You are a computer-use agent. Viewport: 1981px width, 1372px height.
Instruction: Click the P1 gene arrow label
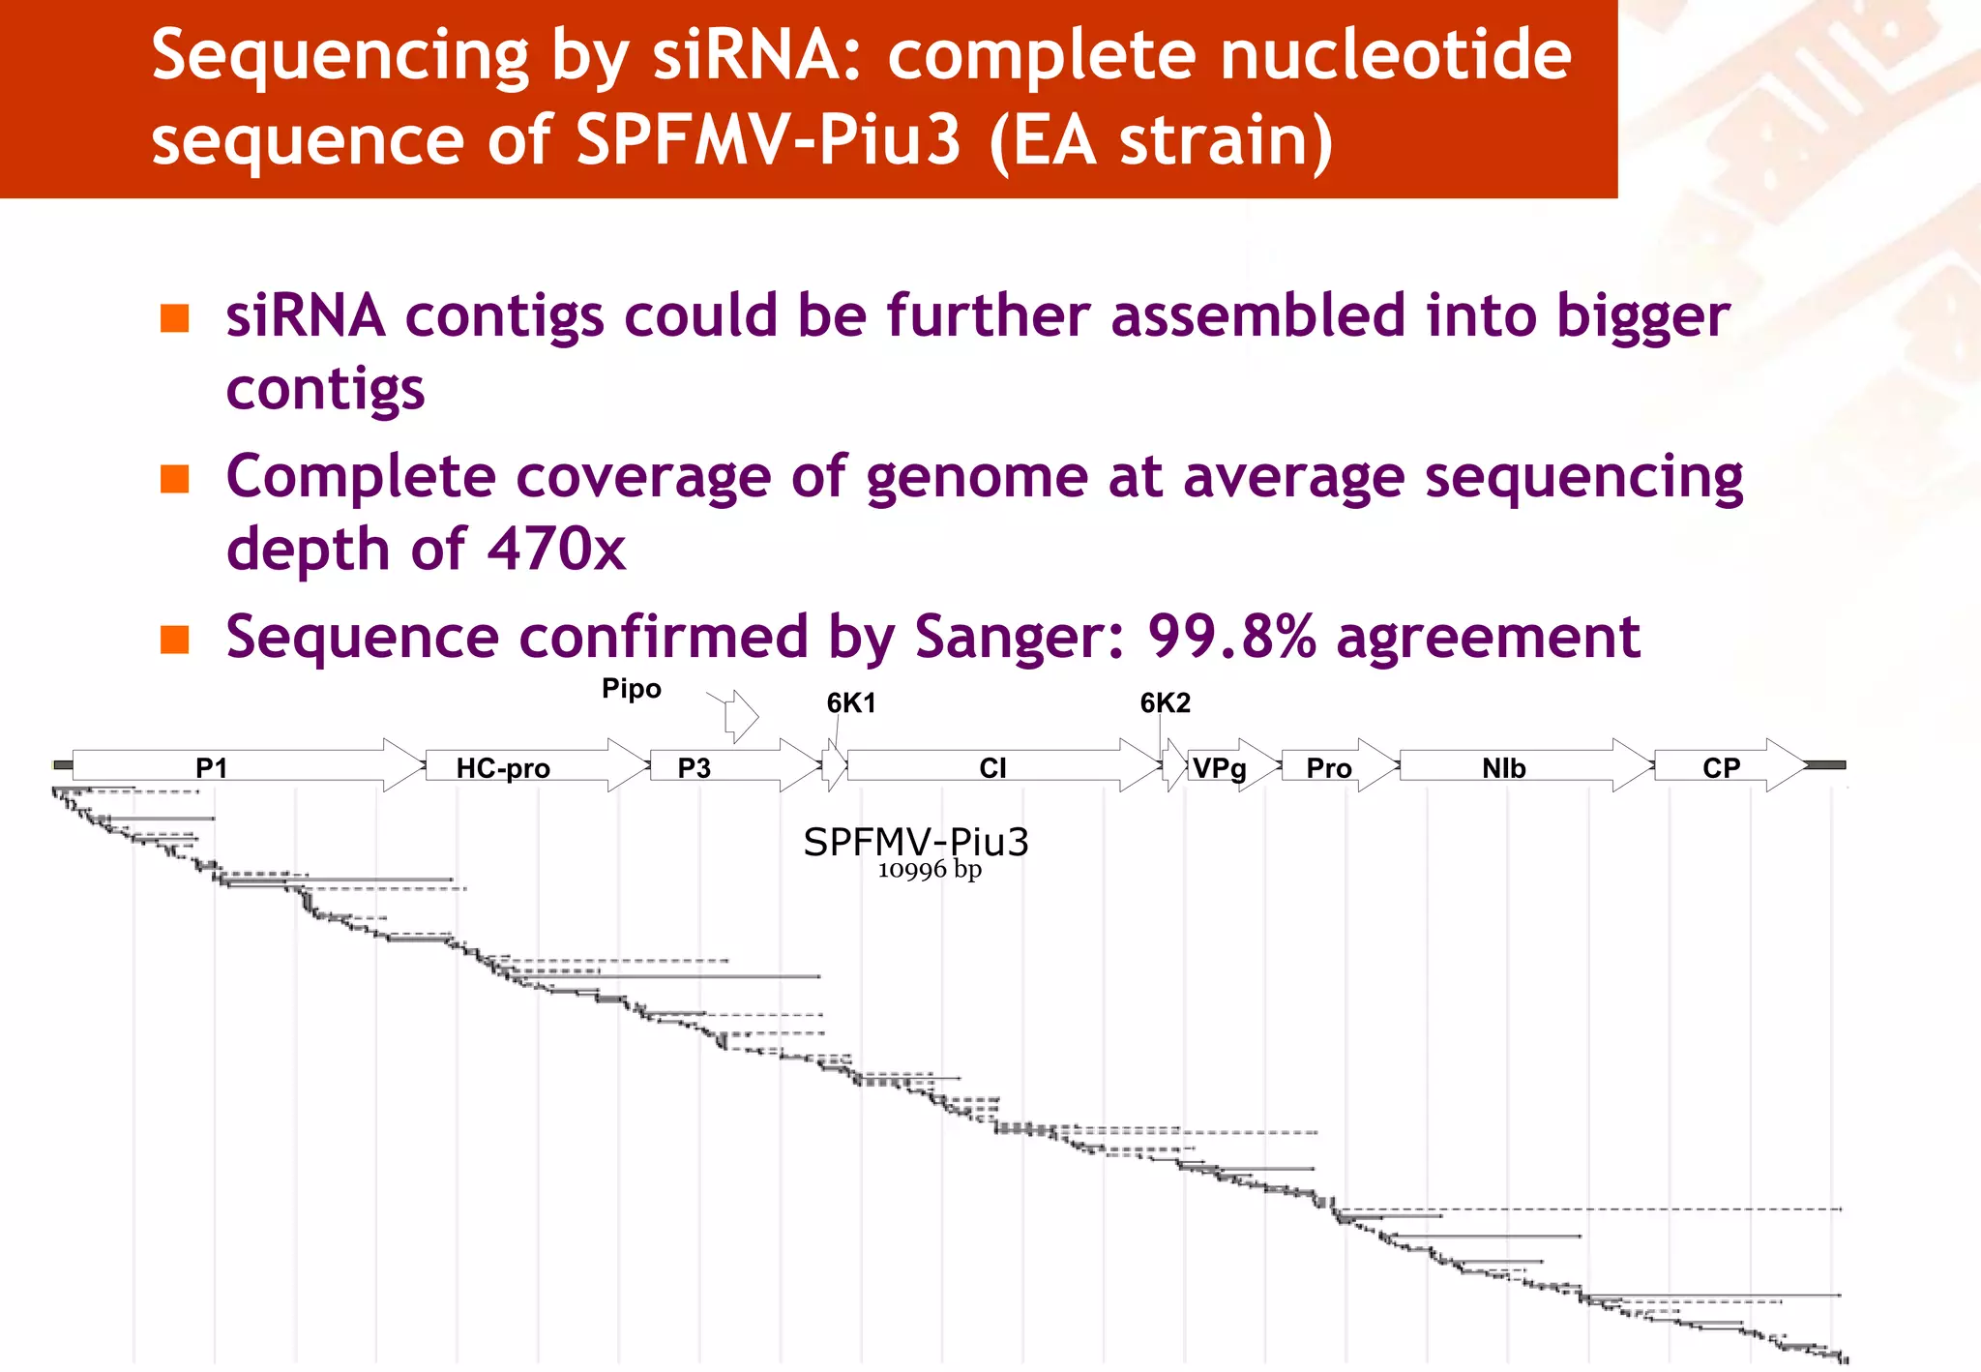(211, 768)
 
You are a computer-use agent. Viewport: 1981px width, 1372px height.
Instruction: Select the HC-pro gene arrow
(503, 768)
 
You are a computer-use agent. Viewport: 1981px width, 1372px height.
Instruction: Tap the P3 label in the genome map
(694, 768)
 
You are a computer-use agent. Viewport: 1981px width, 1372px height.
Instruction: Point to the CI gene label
(992, 768)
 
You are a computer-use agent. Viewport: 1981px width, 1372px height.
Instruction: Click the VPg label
(1219, 768)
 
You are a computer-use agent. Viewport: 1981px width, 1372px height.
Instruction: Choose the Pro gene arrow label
(1328, 768)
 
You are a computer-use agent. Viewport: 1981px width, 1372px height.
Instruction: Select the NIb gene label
(1503, 768)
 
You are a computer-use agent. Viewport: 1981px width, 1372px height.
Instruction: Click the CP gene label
(1721, 768)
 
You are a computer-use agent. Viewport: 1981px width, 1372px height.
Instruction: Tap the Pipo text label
(631, 689)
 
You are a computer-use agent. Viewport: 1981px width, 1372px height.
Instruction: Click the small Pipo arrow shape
(742, 717)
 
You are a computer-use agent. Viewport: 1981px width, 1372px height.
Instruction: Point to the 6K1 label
(851, 703)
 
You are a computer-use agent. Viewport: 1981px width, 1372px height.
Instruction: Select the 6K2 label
(1165, 703)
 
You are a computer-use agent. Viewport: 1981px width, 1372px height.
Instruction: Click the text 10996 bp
(929, 870)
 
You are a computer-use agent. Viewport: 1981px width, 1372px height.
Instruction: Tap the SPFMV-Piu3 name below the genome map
(915, 842)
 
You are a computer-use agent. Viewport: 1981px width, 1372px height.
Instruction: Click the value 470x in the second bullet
(556, 549)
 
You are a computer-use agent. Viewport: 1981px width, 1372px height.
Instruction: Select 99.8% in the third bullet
(1231, 637)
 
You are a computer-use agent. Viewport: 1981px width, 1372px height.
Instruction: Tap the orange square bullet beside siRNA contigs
(174, 318)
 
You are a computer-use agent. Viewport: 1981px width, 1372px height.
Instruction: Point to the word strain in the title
(1225, 141)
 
